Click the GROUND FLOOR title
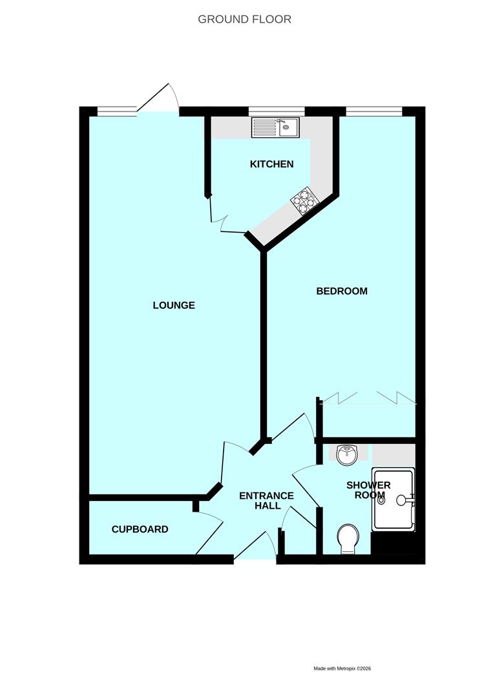click(x=244, y=19)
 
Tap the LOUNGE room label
click(x=174, y=305)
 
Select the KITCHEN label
click(x=271, y=164)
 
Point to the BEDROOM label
click(x=341, y=291)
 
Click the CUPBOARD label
click(x=140, y=529)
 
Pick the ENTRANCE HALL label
click(x=266, y=501)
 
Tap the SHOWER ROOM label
click(x=368, y=491)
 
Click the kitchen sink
click(x=275, y=127)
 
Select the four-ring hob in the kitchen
click(x=305, y=200)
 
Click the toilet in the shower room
click(x=349, y=538)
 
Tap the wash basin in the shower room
click(x=347, y=454)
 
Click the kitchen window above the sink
click(x=277, y=111)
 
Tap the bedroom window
click(x=373, y=111)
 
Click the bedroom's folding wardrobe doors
click(x=368, y=397)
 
